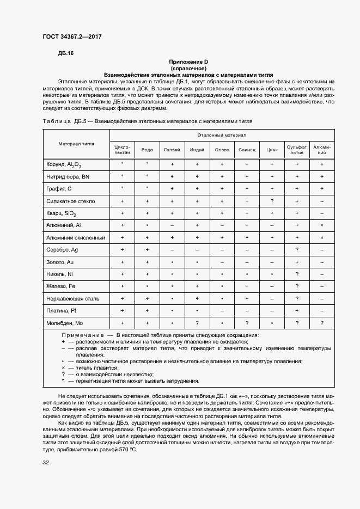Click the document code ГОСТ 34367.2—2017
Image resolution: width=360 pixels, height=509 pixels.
coord(72,36)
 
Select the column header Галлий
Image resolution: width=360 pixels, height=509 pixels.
coord(172,150)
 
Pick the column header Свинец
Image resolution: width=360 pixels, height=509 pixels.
coord(247,150)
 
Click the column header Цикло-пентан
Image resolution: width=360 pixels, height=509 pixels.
coord(123,150)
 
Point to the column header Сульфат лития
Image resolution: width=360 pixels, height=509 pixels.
coord(297,150)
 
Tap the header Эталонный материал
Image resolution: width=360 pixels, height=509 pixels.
coord(222,134)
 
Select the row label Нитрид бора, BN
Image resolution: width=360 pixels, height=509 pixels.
coord(68,176)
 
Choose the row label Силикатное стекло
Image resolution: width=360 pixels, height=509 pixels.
coord(71,201)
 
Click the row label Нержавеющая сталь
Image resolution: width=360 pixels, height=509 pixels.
coord(72,298)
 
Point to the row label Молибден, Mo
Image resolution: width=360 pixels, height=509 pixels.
coord(64,323)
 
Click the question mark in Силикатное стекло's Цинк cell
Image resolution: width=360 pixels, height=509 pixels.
coord(272,201)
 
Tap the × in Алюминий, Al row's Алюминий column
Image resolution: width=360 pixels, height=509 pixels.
coord(322,225)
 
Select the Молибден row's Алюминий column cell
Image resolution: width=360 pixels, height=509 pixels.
coord(322,323)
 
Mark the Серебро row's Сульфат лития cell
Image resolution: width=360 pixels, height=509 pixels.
coord(297,250)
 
